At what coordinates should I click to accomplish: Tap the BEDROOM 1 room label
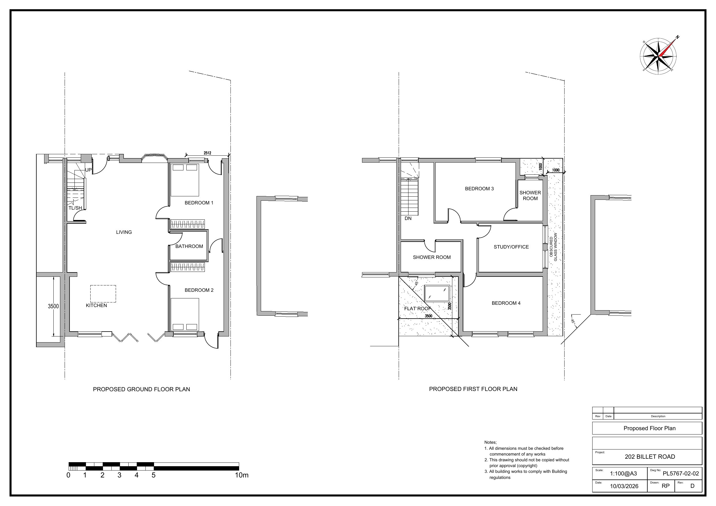tap(199, 203)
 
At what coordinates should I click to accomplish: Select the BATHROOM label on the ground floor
tap(189, 246)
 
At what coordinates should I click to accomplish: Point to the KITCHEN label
tap(96, 306)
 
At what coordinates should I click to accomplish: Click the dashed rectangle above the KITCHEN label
tap(103, 294)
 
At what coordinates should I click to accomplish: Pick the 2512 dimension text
tap(207, 153)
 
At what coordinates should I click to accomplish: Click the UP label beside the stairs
tap(89, 170)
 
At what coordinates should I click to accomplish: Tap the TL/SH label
tap(75, 208)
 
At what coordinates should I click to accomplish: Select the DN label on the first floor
tap(408, 219)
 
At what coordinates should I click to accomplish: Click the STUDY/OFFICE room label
tap(511, 247)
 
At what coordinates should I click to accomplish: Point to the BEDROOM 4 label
tap(506, 303)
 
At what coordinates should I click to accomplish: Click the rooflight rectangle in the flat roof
tap(437, 294)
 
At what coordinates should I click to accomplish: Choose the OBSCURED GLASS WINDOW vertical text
tap(553, 247)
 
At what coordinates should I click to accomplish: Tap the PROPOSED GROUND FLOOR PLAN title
tap(141, 390)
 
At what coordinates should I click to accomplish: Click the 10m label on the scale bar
tap(242, 475)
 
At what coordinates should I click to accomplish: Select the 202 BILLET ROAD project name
tap(650, 457)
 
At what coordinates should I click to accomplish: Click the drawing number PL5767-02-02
tap(681, 474)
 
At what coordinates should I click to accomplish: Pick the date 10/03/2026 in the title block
tap(624, 486)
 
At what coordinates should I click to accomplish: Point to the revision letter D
tap(692, 486)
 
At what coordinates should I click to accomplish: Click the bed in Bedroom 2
tap(185, 315)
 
